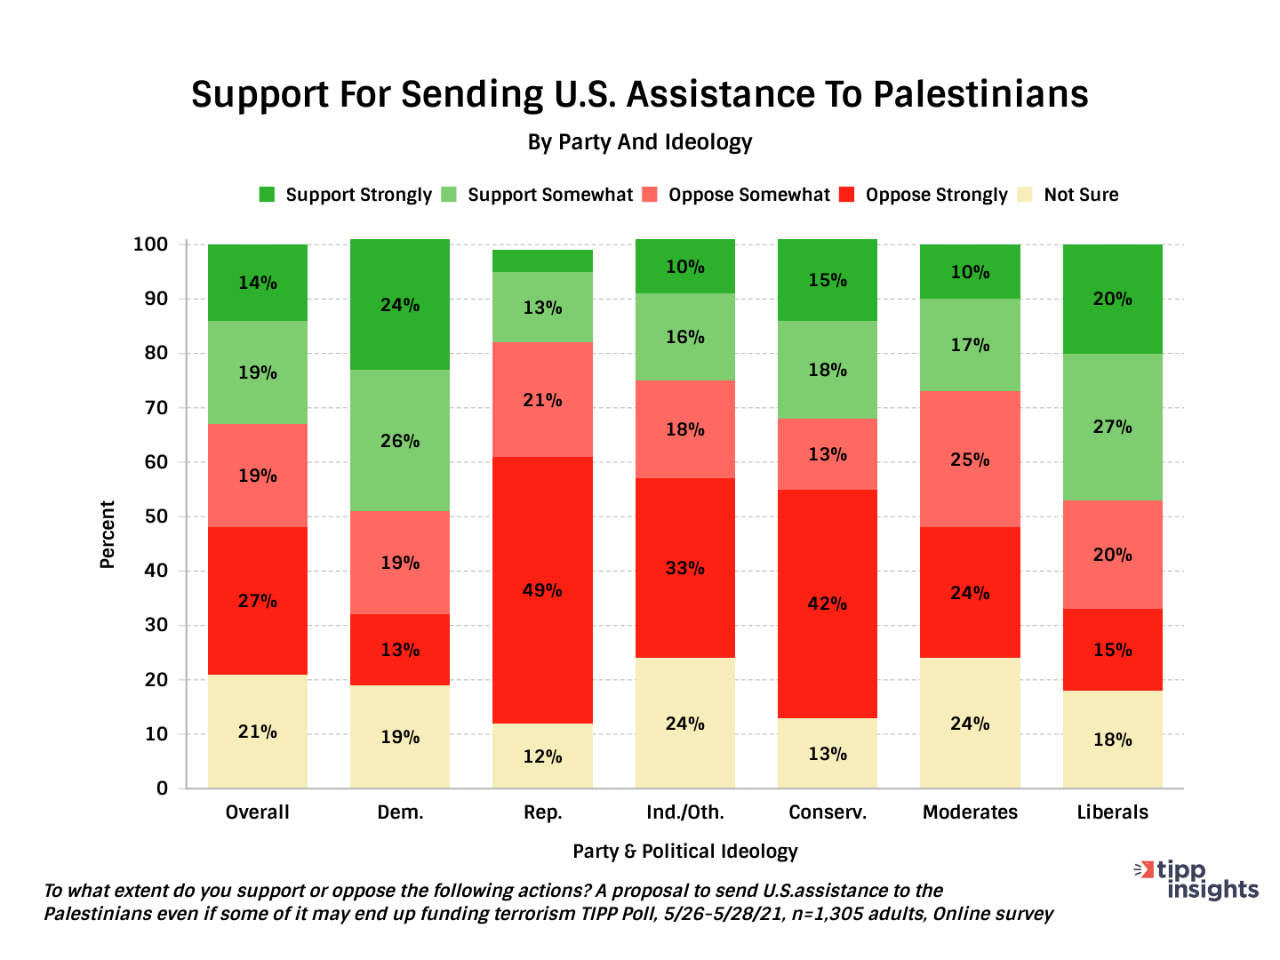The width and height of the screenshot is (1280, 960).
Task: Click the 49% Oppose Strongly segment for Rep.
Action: click(x=542, y=589)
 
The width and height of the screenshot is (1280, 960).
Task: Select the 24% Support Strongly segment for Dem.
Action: click(x=400, y=304)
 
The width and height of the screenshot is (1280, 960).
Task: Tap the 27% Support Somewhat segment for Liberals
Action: click(x=1112, y=427)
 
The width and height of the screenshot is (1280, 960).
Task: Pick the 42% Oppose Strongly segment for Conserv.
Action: click(x=827, y=604)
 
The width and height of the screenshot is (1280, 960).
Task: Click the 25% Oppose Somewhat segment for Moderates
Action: click(x=970, y=459)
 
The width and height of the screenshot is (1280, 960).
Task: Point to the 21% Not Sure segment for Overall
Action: click(x=257, y=732)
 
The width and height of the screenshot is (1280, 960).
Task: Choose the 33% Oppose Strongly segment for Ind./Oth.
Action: click(x=684, y=567)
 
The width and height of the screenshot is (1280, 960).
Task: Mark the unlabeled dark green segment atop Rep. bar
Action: click(x=542, y=260)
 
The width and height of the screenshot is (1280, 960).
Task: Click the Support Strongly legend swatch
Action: click(x=267, y=195)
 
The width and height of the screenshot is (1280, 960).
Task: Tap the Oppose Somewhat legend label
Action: click(x=748, y=195)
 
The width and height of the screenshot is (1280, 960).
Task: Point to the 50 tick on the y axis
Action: click(x=156, y=516)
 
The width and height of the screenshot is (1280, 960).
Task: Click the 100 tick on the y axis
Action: click(x=150, y=244)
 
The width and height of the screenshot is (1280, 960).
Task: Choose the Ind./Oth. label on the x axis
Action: click(x=684, y=812)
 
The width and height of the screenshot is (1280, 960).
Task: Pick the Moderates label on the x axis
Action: click(x=970, y=812)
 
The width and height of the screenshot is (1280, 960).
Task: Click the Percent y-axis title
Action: click(x=108, y=534)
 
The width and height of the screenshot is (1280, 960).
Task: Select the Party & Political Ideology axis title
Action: click(x=684, y=851)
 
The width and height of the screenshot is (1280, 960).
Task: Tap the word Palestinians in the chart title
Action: click(x=980, y=94)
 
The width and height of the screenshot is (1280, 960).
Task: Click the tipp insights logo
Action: click(x=1200, y=879)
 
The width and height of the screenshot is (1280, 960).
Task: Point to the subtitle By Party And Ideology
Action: click(x=640, y=142)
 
